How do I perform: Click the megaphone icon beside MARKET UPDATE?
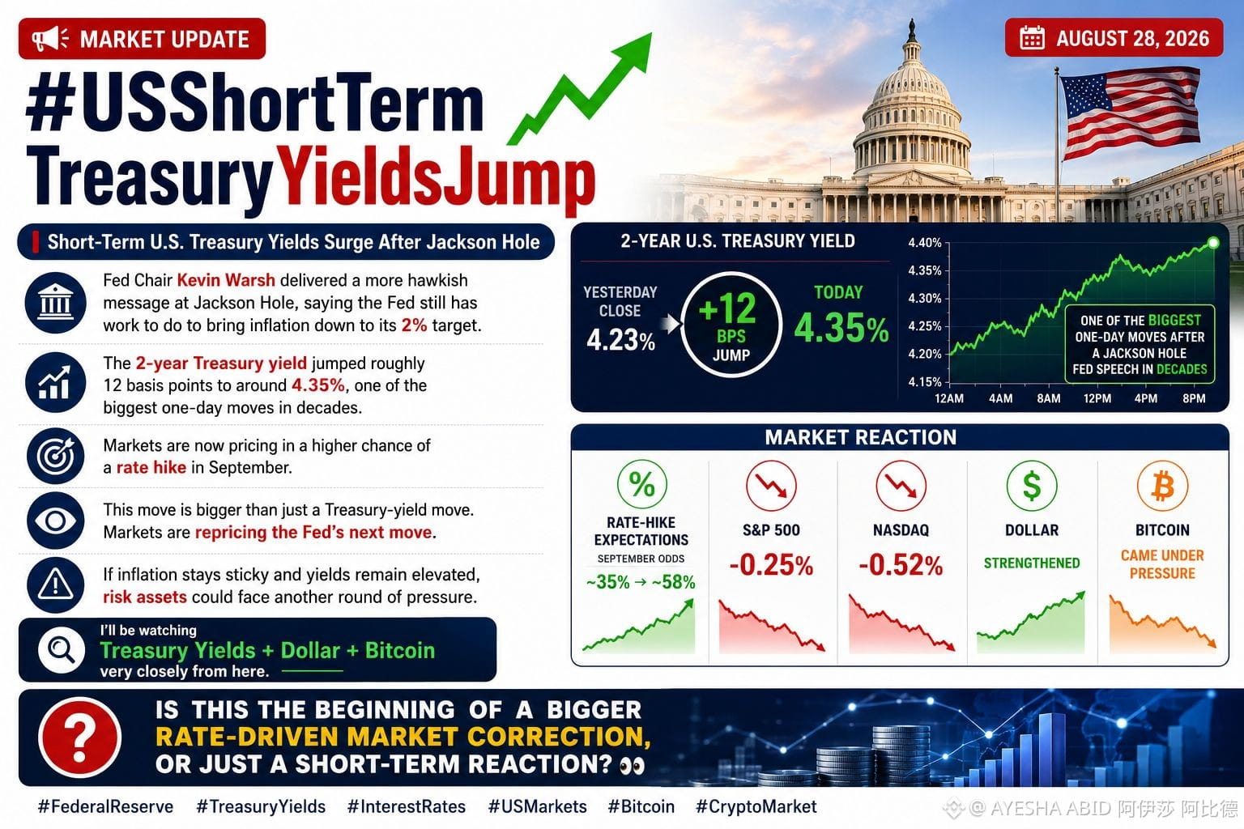pos(50,39)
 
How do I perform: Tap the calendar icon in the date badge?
pos(1032,38)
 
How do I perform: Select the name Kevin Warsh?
pos(226,280)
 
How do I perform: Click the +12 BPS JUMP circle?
pos(731,325)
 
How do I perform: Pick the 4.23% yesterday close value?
pos(621,339)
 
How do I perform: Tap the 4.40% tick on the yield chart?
pos(925,243)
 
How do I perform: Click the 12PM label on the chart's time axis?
pos(1097,398)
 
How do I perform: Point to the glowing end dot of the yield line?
pos(1213,243)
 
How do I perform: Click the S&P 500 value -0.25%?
pos(771,565)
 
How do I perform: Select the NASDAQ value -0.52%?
pos(901,565)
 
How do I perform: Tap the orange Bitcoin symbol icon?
pos(1162,486)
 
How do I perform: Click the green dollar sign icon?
pos(1032,486)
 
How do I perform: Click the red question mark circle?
pos(79,738)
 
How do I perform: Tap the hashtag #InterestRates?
pos(406,806)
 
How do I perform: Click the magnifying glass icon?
pos(61,649)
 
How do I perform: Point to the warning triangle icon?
pos(55,585)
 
